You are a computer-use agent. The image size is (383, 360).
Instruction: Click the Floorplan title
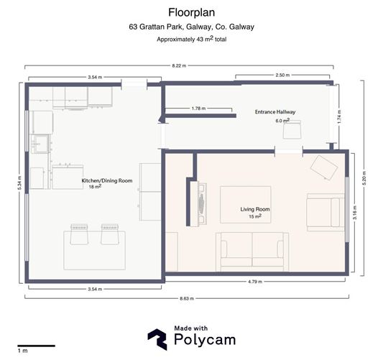coord(191,12)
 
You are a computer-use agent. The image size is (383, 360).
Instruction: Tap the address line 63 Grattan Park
coord(191,27)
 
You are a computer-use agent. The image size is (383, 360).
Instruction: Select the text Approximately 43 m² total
coord(191,40)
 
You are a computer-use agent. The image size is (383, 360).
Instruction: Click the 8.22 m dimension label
coord(178,65)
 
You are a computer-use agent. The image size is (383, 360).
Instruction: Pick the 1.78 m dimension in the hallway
coord(199,109)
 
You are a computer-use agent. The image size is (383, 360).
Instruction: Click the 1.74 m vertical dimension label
coord(339,116)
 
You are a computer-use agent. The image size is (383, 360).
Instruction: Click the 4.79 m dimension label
coord(257,281)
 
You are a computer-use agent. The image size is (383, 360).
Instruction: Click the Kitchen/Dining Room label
coord(97,183)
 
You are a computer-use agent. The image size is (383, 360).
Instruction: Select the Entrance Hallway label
coord(275,113)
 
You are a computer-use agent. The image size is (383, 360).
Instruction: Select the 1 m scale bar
coord(35,346)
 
